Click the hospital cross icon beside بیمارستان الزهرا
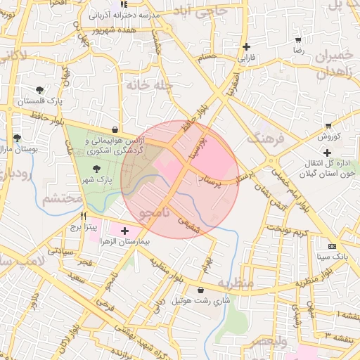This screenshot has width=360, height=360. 125,231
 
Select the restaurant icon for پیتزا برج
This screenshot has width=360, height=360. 84,217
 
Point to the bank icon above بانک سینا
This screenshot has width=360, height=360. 332,246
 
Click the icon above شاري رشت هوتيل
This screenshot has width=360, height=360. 202,290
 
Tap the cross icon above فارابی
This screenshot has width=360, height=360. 246,47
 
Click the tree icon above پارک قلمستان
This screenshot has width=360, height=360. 40,89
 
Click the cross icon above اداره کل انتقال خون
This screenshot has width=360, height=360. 327,153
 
